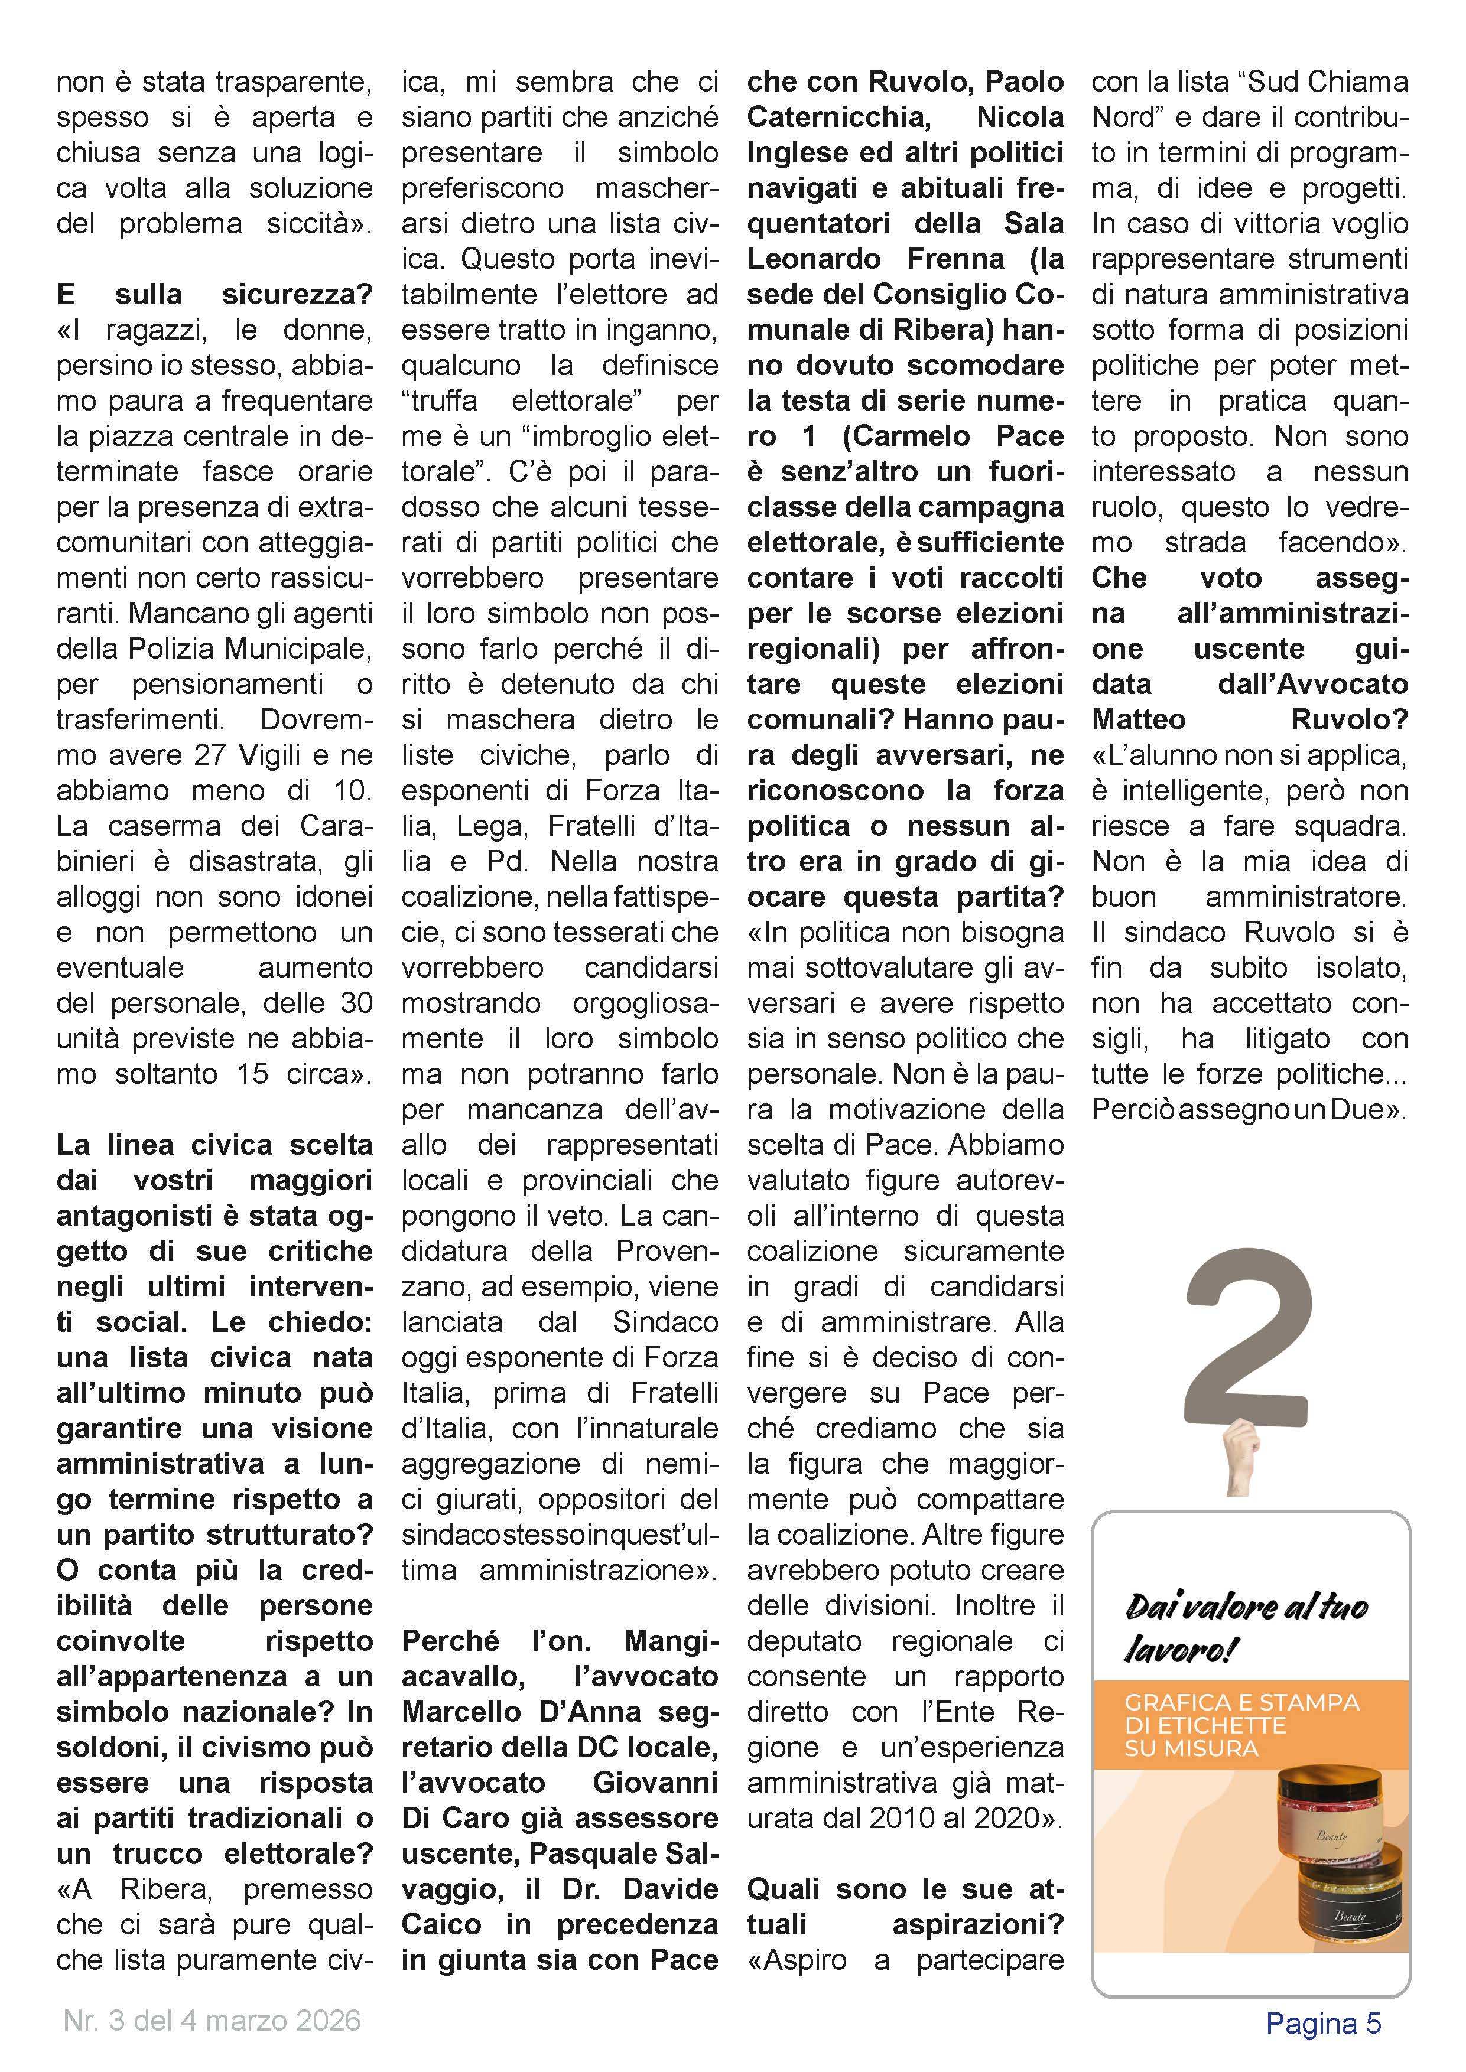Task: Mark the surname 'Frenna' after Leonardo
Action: point(956,259)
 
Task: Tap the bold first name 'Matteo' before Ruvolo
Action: point(1138,719)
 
